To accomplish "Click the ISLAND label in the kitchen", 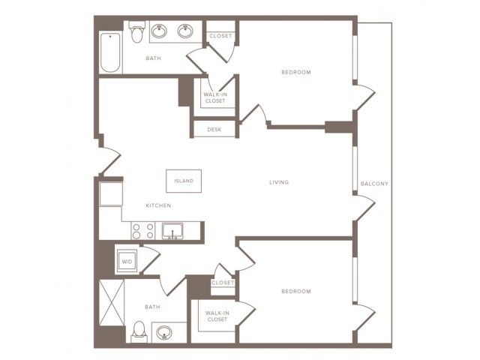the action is pos(184,181).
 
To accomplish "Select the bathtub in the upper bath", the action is pos(110,52).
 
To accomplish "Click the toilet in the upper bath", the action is pos(136,31).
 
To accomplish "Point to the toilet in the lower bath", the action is pos(139,331).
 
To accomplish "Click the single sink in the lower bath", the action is pos(164,333).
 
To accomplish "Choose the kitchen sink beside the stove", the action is pos(172,231).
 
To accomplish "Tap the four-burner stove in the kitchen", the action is pos(143,231).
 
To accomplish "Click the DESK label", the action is pos(214,130).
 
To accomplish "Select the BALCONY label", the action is pos(374,184).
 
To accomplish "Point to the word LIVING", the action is pos(279,182).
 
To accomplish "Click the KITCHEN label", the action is pos(158,205).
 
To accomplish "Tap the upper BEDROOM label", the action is pos(296,72).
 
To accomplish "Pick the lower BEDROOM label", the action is pos(296,291).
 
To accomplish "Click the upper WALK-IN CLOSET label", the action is pos(215,97).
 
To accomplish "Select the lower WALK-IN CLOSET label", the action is pos(217,316).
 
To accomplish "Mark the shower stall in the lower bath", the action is pos(112,302).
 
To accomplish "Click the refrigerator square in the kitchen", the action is pos(111,193).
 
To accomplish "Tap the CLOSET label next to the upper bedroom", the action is pos(220,36).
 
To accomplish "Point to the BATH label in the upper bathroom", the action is pos(153,58).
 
